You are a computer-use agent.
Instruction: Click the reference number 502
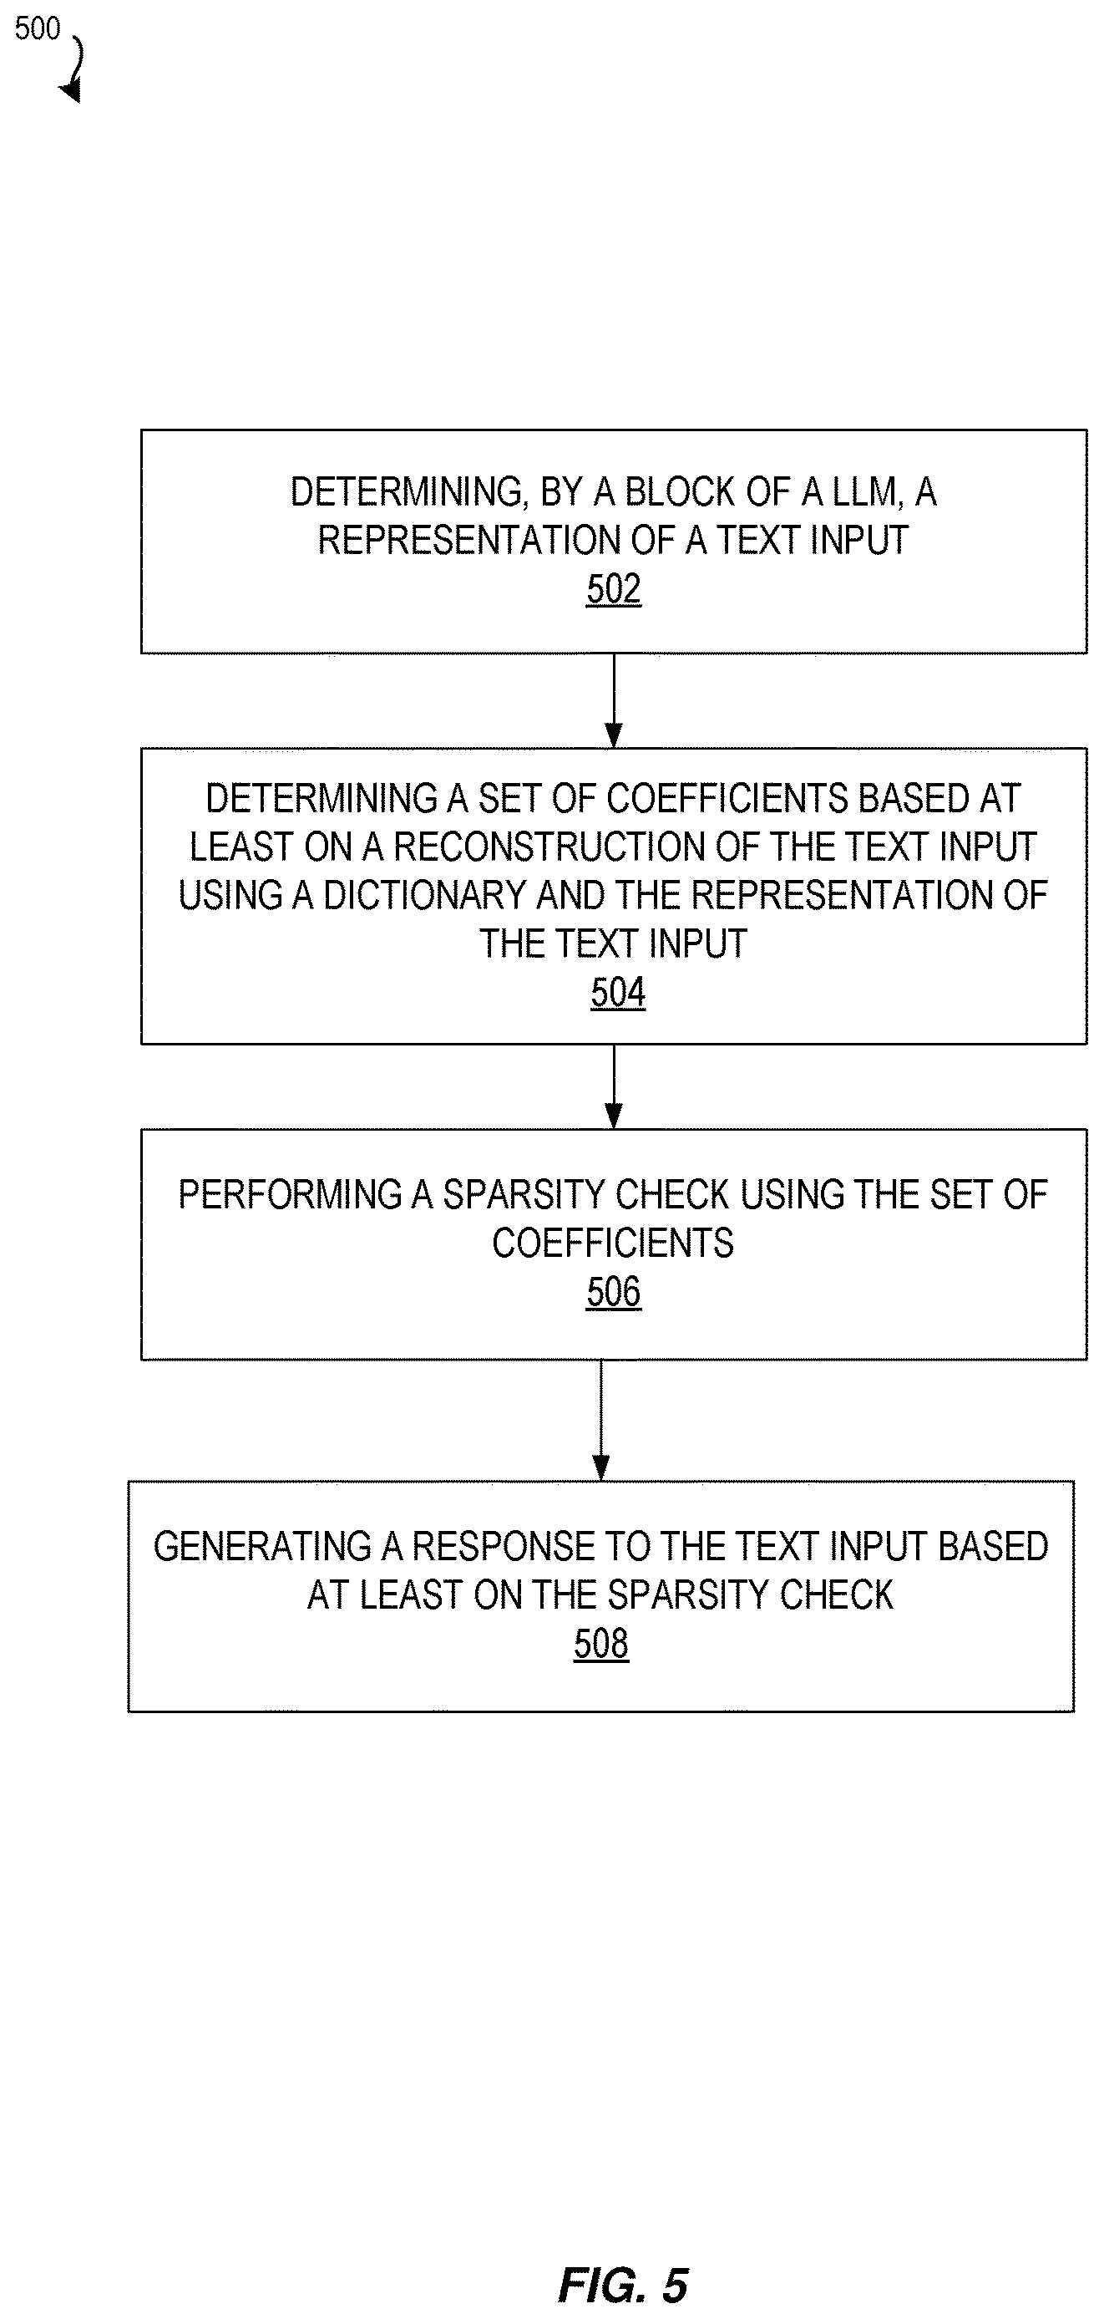614,590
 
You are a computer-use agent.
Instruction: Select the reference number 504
618,993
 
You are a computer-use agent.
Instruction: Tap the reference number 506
614,1293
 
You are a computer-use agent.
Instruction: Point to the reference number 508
601,1644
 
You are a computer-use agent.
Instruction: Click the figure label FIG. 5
623,2286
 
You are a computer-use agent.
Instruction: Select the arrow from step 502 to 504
614,700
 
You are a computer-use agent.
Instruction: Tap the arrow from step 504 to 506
614,1086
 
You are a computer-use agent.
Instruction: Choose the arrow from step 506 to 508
601,1420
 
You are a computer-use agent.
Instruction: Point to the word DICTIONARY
423,896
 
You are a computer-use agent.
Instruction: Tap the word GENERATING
262,1547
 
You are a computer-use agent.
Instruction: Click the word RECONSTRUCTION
532,847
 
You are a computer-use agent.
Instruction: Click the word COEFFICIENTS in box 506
613,1243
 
